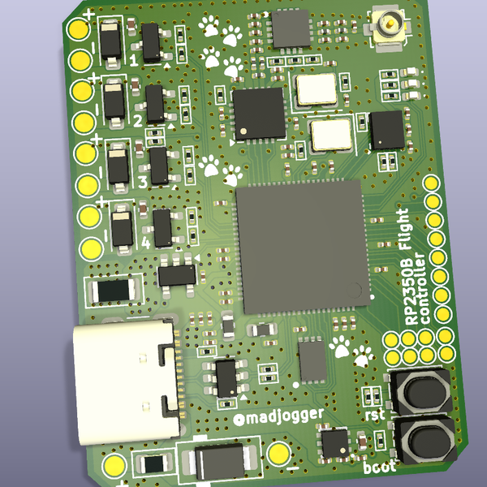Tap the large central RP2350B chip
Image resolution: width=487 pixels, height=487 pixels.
[300, 248]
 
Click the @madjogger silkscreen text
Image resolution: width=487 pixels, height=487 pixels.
[278, 418]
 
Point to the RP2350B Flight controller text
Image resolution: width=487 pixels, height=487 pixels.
[413, 269]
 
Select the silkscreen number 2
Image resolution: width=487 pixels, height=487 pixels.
[137, 120]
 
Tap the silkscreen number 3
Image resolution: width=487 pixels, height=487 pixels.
[143, 181]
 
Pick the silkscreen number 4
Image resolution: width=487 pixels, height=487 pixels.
[146, 241]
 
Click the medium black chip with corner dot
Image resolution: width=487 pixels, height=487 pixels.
[258, 115]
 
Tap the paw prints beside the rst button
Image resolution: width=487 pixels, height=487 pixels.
[351, 351]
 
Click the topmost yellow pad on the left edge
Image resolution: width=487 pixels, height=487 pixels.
[78, 29]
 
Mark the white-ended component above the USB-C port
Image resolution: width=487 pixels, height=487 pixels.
[114, 289]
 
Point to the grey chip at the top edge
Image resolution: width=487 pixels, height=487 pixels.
[291, 29]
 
